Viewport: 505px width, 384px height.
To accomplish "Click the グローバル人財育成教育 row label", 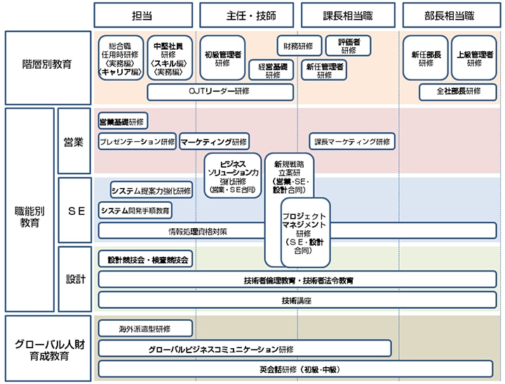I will [48, 347].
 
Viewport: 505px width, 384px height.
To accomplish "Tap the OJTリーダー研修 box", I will [220, 91].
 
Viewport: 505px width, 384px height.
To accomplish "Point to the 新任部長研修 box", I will [426, 58].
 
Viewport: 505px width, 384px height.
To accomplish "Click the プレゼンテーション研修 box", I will [137, 142].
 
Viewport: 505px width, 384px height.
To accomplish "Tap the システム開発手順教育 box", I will [135, 210].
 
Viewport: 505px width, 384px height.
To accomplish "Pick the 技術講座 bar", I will [297, 300].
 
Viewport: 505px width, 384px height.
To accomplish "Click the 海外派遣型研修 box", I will [145, 328].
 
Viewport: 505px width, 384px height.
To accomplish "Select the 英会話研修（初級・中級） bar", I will [297, 369].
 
